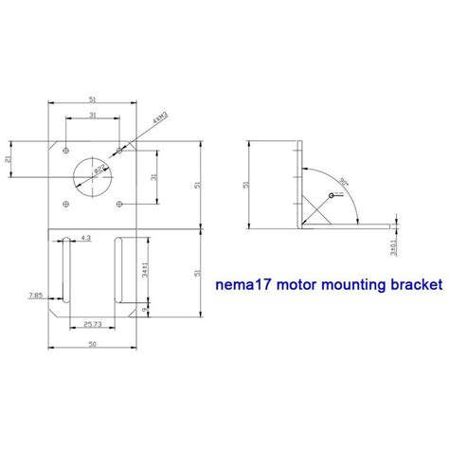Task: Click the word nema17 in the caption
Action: (x=243, y=283)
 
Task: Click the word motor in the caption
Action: (x=292, y=283)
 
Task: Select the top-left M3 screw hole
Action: (x=64, y=151)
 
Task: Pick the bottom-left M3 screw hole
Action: (x=64, y=204)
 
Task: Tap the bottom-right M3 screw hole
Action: (x=120, y=204)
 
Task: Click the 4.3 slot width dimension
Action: (x=86, y=238)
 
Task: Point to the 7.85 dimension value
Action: (x=35, y=295)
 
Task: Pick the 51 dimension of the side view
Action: (x=247, y=184)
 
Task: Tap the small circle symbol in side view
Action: (x=330, y=195)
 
